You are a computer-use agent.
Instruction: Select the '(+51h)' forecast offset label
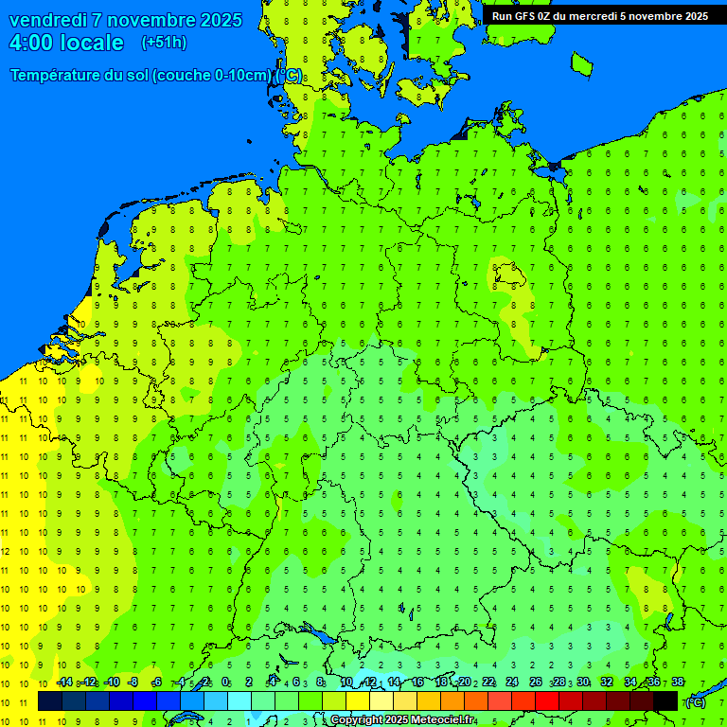[164, 43]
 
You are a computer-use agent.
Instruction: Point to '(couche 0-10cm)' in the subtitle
[215, 76]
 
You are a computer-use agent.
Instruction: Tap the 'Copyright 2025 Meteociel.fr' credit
[402, 720]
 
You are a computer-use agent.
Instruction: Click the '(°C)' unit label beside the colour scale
[694, 701]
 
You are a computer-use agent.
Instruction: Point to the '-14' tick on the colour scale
[64, 683]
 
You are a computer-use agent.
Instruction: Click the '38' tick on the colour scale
[678, 683]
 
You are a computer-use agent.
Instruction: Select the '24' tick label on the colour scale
[512, 683]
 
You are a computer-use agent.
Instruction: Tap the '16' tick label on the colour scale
[417, 683]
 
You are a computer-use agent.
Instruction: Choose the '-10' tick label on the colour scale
[112, 683]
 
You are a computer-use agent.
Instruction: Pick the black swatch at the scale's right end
[665, 700]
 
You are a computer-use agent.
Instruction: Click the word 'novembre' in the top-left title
[154, 20]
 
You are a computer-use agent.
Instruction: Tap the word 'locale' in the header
[93, 43]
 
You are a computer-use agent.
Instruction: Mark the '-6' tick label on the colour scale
[158, 683]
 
